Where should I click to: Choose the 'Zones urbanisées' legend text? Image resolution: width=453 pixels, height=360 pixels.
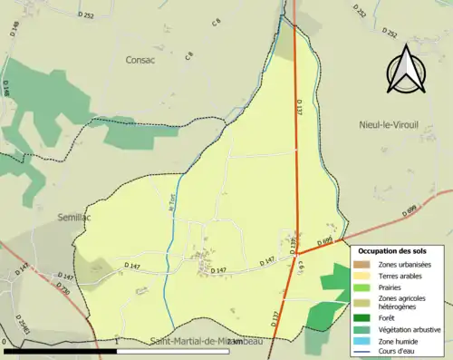[406, 264]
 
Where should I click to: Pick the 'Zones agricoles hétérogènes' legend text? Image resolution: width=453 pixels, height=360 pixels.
[405, 303]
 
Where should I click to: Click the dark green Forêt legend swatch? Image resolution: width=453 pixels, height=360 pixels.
[363, 318]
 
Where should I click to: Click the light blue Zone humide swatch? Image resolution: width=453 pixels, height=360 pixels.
[363, 341]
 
